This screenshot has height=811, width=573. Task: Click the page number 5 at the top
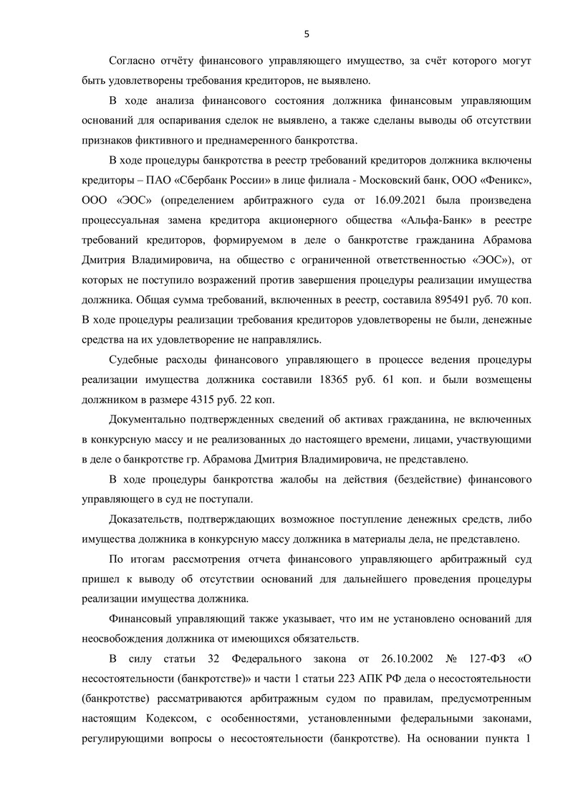(307, 33)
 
